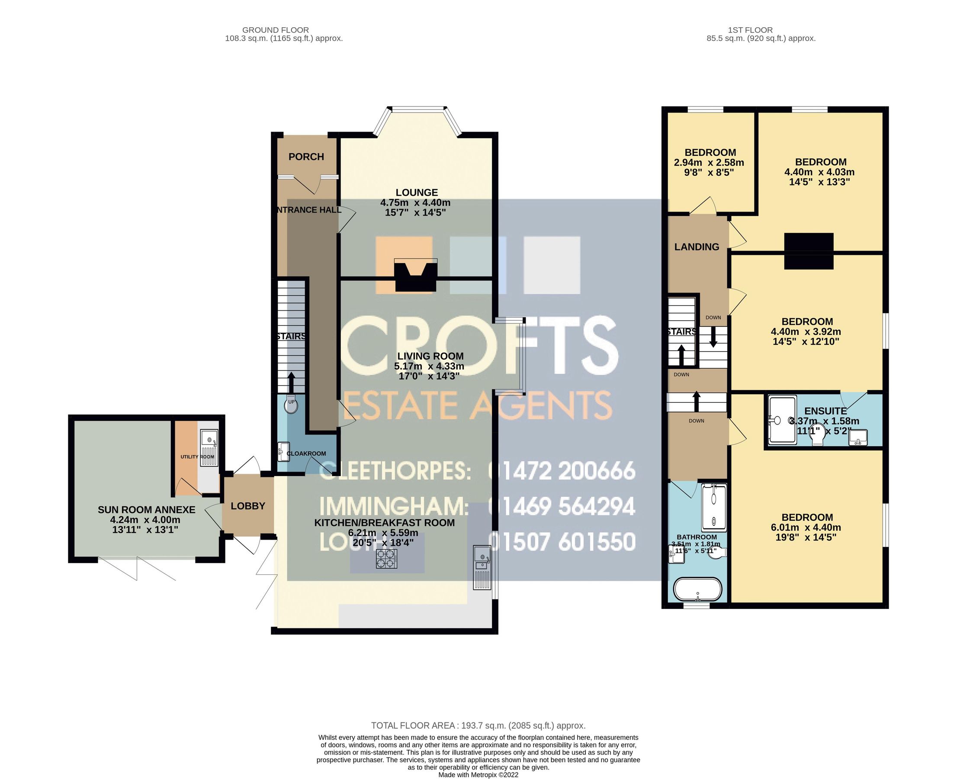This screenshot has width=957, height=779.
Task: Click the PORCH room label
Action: pos(306,157)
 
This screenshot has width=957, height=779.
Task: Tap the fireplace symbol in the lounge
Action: pos(415,277)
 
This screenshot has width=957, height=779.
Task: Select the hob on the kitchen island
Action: pos(387,559)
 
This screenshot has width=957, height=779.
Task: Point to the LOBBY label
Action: pos(248,506)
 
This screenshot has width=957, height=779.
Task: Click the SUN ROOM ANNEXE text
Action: pos(146,510)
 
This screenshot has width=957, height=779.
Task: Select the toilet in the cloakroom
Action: pos(291,405)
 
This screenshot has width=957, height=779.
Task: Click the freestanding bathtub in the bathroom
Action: pos(698,589)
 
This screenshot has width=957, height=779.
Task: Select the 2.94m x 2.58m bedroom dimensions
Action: pos(709,162)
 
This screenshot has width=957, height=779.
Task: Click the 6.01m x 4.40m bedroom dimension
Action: pos(806,527)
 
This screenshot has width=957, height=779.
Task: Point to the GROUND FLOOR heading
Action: pos(275,30)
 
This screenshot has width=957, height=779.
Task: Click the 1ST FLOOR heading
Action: pos(750,30)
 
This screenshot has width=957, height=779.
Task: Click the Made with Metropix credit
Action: pos(478,775)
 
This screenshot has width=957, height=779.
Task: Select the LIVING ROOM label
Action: pos(430,356)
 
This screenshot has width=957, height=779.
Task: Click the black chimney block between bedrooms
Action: pos(809,251)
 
